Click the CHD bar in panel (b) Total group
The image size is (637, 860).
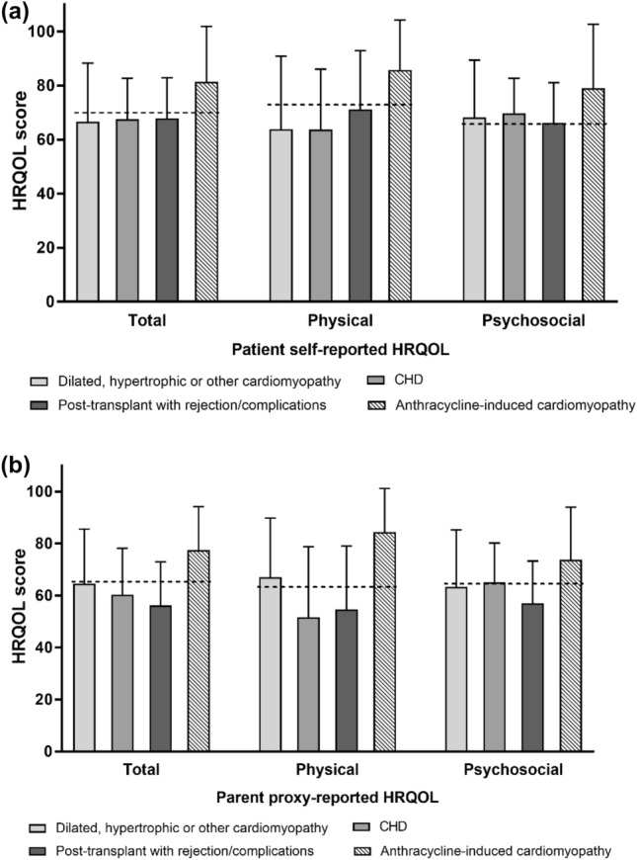[122, 673]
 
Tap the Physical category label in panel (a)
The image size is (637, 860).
[339, 321]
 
